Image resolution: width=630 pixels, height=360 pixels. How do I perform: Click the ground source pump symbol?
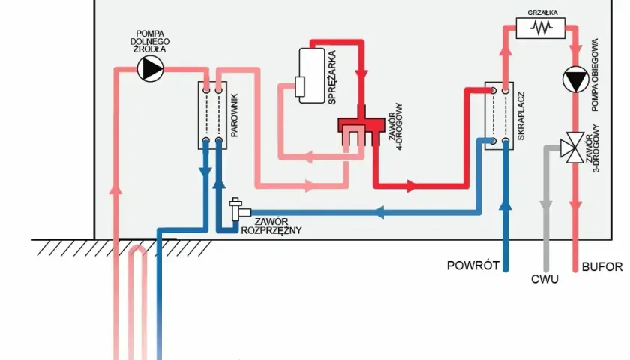tap(151, 69)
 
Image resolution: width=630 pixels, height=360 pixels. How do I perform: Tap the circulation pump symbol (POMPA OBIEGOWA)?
tap(575, 79)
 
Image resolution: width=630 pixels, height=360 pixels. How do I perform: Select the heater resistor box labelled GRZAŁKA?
tap(541, 28)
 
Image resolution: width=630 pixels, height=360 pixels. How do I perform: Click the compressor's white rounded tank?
tap(311, 76)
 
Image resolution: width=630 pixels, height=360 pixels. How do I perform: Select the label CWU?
tap(544, 279)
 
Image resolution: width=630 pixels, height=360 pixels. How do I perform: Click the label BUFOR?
tap(601, 266)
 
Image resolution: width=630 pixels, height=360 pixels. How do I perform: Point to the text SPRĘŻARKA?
tap(331, 77)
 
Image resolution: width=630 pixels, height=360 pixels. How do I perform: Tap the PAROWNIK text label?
tap(235, 115)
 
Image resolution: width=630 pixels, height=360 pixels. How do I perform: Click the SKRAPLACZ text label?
tap(521, 116)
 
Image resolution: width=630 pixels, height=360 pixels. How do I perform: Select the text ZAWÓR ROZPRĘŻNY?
tap(271, 226)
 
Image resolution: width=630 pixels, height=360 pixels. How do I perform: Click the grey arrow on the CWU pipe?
tap(546, 205)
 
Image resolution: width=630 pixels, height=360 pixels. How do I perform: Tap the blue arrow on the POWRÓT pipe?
tap(505, 205)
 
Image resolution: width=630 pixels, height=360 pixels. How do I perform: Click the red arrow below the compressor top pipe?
tap(361, 74)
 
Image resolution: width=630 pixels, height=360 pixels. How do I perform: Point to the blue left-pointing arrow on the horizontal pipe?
tap(379, 212)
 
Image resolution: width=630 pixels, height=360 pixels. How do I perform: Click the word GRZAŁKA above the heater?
tap(542, 13)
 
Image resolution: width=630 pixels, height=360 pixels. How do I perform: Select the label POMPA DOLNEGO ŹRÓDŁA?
tap(150, 42)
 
